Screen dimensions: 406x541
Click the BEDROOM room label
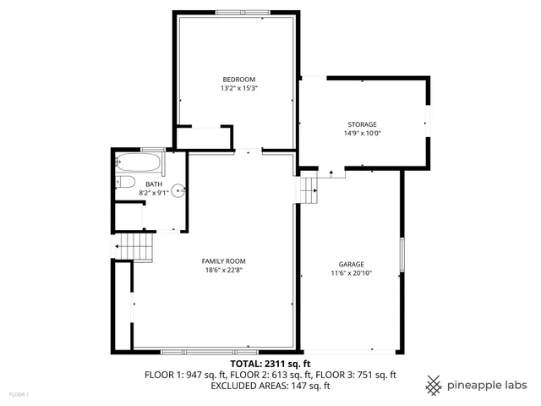coord(238,79)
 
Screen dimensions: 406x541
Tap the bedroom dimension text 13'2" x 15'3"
coord(238,88)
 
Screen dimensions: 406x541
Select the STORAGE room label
coord(362,124)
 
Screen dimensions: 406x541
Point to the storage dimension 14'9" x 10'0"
coord(362,134)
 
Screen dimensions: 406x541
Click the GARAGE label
coord(351,264)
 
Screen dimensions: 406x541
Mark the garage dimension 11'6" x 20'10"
coord(351,273)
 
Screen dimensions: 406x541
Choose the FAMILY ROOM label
coord(223,261)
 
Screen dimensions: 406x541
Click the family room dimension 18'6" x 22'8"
coord(223,271)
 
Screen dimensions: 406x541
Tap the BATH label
coord(153,184)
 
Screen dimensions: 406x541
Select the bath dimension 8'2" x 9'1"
coord(154,193)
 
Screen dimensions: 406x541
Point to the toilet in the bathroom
coord(124,181)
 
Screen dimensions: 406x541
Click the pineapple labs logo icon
coord(434,385)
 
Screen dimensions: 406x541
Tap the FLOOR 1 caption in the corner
coord(19,394)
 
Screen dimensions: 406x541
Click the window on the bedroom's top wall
coord(238,12)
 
